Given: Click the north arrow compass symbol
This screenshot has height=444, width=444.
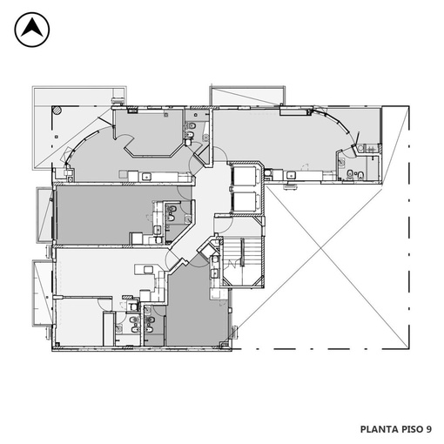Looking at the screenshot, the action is [32, 30].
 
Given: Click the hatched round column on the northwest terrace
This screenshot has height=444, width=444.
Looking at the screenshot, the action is [57, 110].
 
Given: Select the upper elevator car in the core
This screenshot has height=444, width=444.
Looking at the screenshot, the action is [245, 176].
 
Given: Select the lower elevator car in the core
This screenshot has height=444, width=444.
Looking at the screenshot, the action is [245, 201].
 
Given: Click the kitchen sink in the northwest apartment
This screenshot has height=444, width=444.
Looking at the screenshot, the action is [145, 176].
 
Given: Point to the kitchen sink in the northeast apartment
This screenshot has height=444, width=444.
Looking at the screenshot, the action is [291, 175].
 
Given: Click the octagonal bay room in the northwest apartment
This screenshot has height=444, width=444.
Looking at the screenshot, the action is [149, 132].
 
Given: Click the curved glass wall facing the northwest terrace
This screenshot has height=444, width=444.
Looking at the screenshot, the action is [82, 143].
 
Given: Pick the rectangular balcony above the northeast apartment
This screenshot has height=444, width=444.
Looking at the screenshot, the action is [247, 96].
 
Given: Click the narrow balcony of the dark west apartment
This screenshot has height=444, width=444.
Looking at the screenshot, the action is [44, 215].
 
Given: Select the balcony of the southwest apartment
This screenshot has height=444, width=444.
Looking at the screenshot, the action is [43, 293].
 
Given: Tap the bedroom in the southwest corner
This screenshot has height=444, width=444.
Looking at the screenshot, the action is [79, 321].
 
